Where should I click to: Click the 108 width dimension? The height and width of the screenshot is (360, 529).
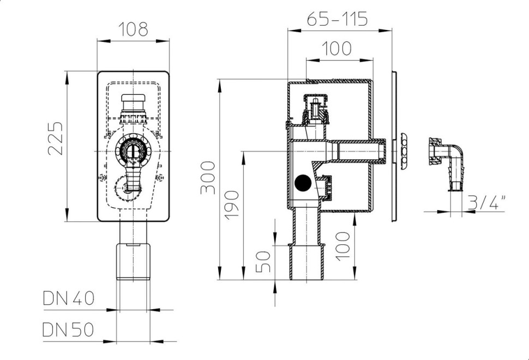(133, 29)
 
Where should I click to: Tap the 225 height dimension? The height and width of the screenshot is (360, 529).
(56, 139)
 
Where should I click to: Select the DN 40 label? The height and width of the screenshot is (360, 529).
(69, 298)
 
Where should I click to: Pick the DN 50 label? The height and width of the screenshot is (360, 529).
(68, 329)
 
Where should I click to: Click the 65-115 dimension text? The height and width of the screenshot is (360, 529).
(337, 19)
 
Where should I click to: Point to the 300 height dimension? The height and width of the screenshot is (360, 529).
(208, 178)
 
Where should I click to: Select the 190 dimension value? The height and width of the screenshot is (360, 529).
(232, 205)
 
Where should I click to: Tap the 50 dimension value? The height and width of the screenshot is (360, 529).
(263, 261)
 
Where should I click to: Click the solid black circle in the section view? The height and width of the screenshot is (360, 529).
(303, 183)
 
